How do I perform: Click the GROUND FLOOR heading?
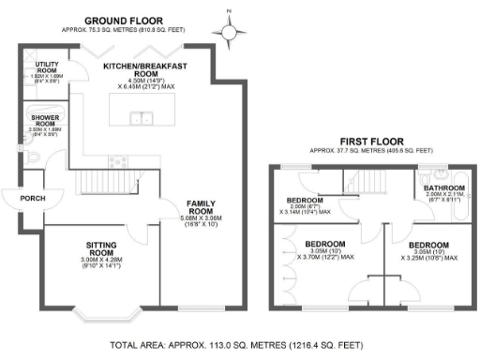click(x=124, y=20)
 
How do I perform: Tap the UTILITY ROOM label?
click(x=47, y=67)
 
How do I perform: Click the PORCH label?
click(x=20, y=199)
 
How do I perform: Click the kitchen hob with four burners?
click(x=118, y=160)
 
